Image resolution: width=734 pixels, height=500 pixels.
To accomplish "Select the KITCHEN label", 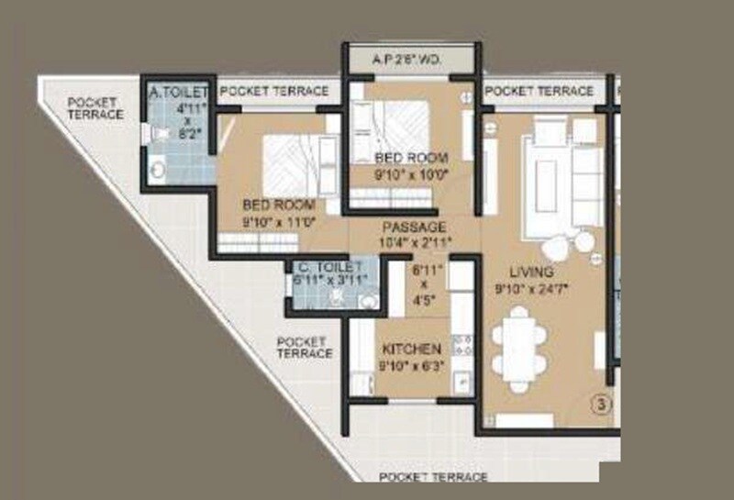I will point(412,349).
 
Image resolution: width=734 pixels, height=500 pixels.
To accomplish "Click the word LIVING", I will point(532,272).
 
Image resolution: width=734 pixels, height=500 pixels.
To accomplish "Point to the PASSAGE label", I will point(415,227).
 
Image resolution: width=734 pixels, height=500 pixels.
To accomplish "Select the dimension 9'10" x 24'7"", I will point(532,288).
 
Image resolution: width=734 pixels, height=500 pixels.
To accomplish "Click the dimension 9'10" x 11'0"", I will point(279,220).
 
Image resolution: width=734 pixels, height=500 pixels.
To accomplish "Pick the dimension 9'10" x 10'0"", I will point(411,173).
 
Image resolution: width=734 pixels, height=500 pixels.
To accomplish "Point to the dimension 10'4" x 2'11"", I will point(415,241).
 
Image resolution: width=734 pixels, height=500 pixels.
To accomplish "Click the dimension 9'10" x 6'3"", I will point(412,365).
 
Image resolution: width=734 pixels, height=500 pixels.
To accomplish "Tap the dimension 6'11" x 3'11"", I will point(329,281).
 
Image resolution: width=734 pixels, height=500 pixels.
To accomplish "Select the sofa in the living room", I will point(569,174).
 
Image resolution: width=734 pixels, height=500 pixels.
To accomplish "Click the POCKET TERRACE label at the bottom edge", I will point(433,477).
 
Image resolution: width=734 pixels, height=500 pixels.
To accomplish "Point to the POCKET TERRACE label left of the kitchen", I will point(305,348).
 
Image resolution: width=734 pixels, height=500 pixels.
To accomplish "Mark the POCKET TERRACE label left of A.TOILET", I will point(96,108).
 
